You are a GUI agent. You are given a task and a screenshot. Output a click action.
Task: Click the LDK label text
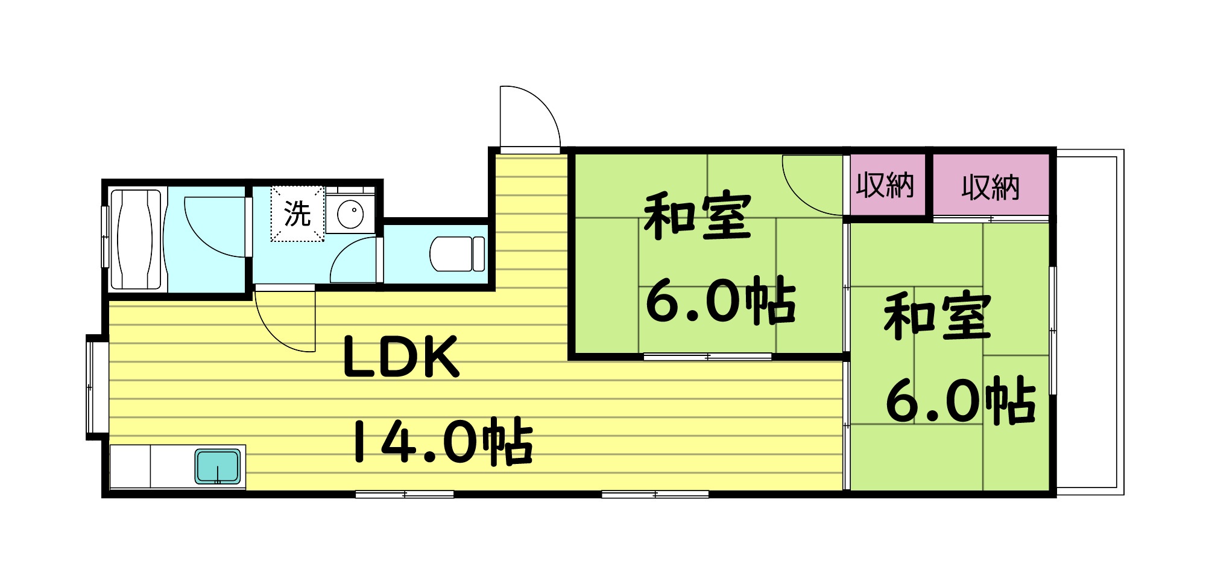click(x=401, y=357)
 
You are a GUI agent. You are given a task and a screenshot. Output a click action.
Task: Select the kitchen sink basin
click(x=218, y=466)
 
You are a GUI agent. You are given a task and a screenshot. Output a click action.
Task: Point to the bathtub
click(x=138, y=240)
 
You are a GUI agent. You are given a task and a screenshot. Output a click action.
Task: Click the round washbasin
click(x=350, y=214)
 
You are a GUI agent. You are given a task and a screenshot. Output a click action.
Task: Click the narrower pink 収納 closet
click(x=885, y=185)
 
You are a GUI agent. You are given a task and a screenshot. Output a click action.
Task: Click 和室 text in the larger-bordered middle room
click(x=698, y=216)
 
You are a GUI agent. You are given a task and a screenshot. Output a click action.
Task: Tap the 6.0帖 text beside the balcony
click(x=960, y=401)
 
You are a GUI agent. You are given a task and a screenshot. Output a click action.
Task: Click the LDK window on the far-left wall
click(x=91, y=387)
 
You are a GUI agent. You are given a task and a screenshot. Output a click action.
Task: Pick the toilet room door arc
click(x=353, y=259)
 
